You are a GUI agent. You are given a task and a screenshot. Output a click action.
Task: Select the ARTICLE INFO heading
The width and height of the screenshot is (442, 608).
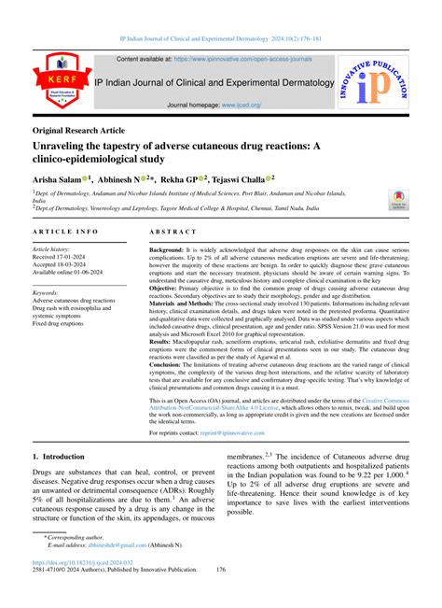click(x=67, y=231)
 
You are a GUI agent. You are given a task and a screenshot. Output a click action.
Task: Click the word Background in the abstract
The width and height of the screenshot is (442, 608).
click(x=167, y=252)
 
